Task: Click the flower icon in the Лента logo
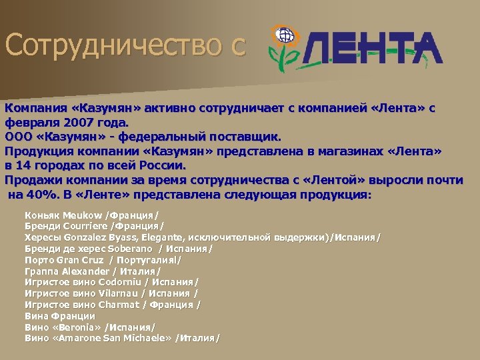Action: pos(285,47)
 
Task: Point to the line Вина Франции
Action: pos(60,316)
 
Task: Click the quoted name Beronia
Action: pos(81,327)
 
